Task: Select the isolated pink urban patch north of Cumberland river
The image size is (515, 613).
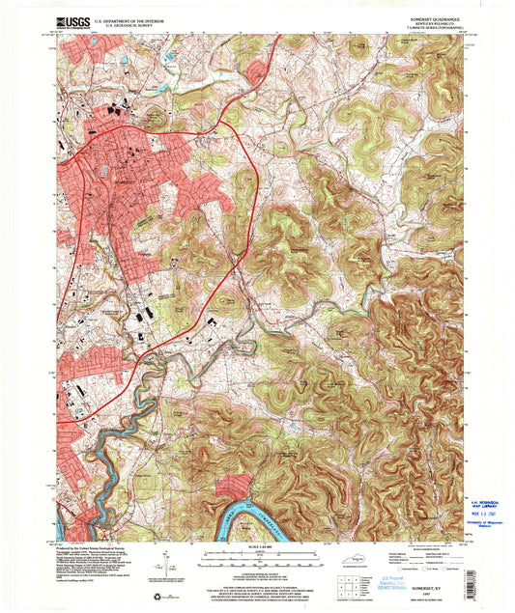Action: (x=232, y=487)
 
